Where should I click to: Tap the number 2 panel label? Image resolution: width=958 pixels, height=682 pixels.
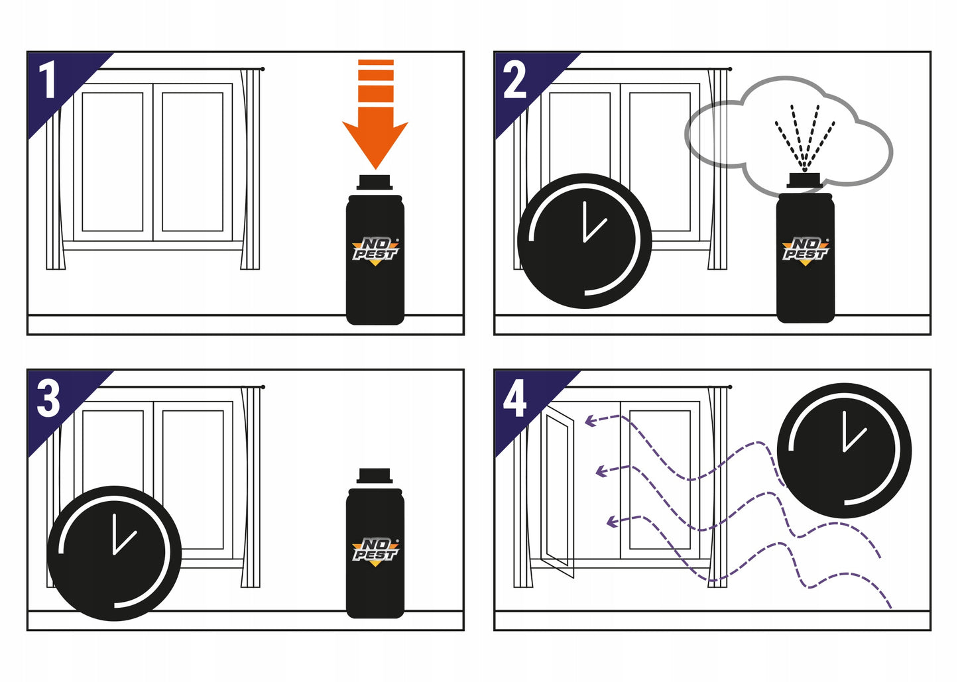point(514,81)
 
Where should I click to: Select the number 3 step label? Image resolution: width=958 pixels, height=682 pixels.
point(48,399)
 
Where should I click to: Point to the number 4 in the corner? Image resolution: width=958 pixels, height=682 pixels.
point(514,399)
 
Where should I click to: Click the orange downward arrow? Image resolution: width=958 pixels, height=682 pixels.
point(375,126)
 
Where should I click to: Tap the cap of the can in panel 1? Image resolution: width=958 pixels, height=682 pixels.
point(375,182)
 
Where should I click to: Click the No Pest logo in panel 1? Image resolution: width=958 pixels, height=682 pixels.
point(375,251)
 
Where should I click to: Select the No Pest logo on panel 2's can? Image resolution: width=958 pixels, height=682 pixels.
point(805,251)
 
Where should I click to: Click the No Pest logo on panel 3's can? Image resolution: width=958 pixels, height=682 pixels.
point(375,551)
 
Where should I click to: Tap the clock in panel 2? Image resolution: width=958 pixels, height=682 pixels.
point(584,241)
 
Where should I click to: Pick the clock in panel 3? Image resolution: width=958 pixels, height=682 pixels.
point(114,553)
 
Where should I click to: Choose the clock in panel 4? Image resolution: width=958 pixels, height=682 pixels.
point(844,451)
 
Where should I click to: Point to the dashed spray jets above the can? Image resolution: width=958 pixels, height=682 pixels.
point(805,136)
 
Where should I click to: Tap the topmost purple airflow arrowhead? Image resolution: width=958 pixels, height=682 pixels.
point(588,420)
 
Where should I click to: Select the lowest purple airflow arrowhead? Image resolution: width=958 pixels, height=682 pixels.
point(611,522)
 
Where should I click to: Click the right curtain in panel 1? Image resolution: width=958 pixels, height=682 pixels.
point(251,169)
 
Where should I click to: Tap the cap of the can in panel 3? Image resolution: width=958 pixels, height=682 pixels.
point(375,476)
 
